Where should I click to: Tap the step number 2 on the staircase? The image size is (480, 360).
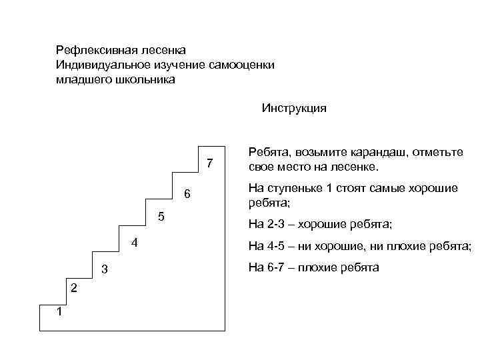[74, 288]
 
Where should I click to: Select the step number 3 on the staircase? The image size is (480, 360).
[104, 269]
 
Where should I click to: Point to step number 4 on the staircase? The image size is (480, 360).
[134, 243]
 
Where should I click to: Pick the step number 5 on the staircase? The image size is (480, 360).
[161, 217]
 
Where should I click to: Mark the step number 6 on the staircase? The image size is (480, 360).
[187, 194]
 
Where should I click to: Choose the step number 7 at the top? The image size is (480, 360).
[209, 163]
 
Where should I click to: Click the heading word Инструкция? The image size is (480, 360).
[294, 108]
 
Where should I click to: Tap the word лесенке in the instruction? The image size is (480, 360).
[356, 166]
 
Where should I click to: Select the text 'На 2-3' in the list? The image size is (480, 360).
[264, 223]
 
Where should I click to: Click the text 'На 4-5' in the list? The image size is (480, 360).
[264, 246]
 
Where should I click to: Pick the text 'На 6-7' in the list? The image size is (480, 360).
[264, 268]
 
